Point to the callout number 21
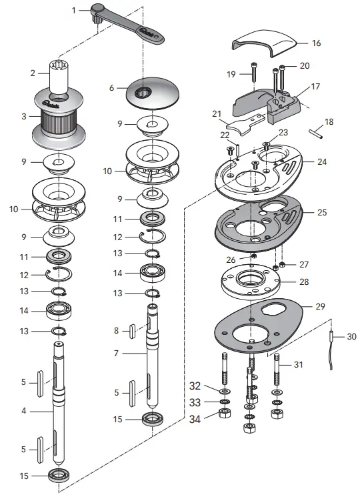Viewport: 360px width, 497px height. pyautogui.click(x=216, y=114)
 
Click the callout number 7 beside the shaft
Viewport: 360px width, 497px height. pyautogui.click(x=115, y=352)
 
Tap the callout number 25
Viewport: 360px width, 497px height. pyautogui.click(x=323, y=212)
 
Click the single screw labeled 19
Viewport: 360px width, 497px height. pyautogui.click(x=255, y=73)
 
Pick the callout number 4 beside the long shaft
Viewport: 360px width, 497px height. pyautogui.click(x=23, y=412)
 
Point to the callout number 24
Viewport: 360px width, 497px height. pyautogui.click(x=322, y=161)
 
